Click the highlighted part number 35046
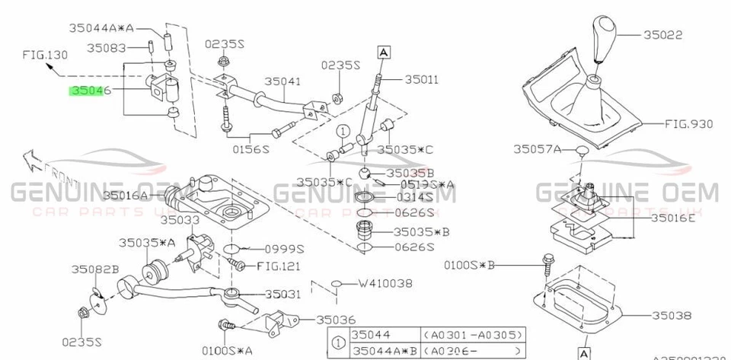(90, 91)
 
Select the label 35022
(662, 35)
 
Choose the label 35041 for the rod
(283, 80)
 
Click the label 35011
(423, 79)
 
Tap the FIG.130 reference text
(45, 55)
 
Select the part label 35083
(106, 47)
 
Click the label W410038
(385, 283)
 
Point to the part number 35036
(337, 320)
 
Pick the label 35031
(284, 294)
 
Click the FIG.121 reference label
(279, 266)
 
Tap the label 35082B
(95, 269)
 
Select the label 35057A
(537, 149)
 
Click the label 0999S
(283, 249)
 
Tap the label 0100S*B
(470, 265)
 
